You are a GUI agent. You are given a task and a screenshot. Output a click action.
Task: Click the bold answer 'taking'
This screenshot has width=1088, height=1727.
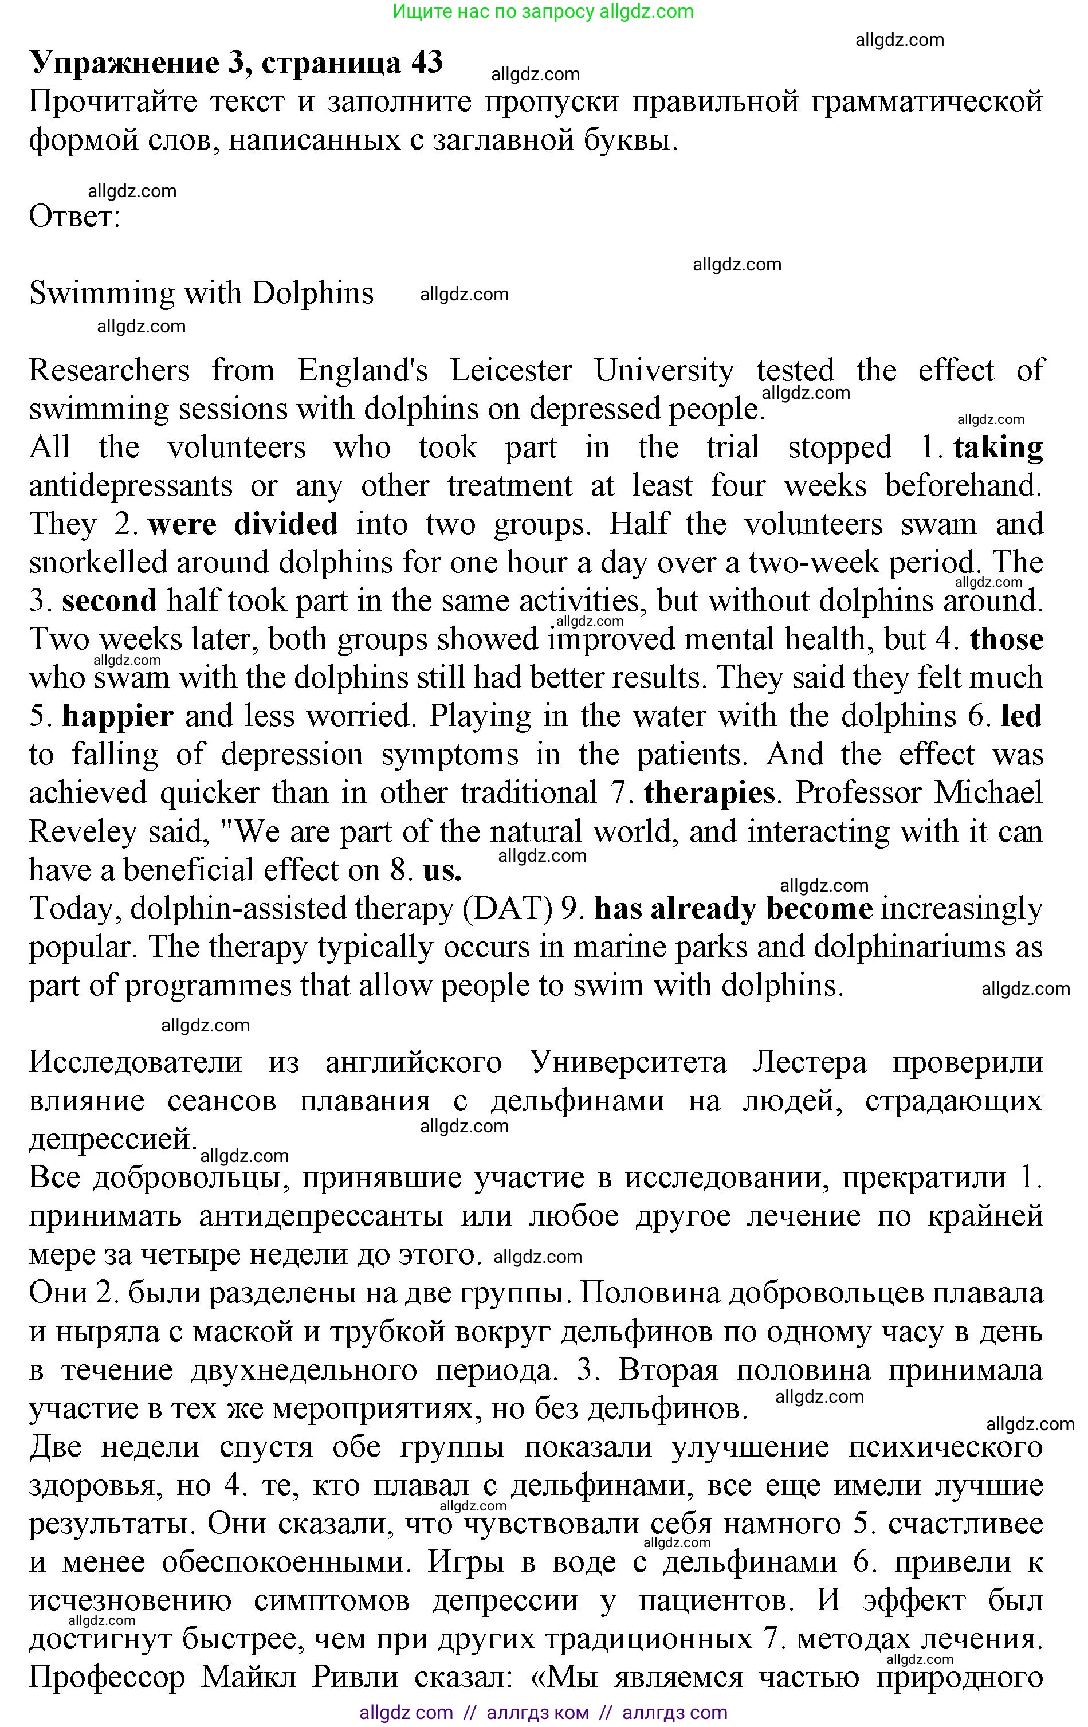tap(997, 448)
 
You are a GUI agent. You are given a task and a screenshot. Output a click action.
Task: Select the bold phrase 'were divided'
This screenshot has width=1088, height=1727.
tap(243, 524)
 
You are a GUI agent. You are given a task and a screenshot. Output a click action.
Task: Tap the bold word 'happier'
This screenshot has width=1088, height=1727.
tap(119, 716)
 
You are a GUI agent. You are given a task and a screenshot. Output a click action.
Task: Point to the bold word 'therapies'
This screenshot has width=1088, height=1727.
tap(709, 793)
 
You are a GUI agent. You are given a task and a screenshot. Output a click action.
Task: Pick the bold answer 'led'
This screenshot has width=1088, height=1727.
tap(1022, 716)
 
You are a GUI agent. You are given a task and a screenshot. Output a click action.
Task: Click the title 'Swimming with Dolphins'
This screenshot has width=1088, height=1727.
tap(202, 293)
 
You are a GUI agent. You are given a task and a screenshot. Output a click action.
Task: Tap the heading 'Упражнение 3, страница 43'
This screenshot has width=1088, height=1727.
tap(237, 63)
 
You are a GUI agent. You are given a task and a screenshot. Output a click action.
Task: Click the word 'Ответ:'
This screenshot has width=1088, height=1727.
tap(74, 216)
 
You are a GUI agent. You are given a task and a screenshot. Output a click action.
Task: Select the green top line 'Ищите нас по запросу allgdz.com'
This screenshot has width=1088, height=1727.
tap(544, 11)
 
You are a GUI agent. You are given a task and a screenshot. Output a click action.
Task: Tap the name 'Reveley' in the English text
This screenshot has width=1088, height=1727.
tap(83, 832)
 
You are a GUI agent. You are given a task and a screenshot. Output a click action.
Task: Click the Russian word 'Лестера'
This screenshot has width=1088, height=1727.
tap(809, 1062)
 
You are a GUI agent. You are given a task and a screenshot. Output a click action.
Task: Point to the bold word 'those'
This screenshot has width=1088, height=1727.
tap(1006, 639)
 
